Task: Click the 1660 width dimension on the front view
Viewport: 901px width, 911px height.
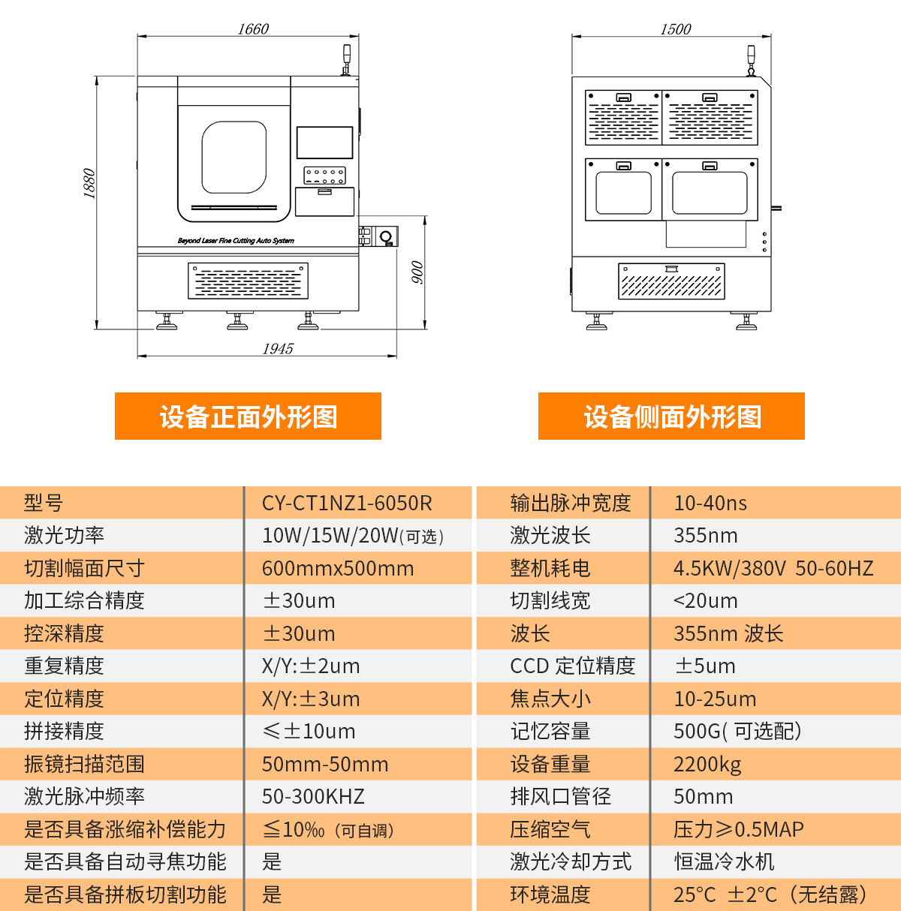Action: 253,29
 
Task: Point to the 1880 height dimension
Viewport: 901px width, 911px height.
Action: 89,184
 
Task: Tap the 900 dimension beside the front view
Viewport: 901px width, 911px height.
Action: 417,272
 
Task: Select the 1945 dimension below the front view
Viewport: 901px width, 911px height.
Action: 278,349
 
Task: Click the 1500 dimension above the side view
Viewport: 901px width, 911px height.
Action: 675,29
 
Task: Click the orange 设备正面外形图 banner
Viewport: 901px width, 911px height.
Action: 248,416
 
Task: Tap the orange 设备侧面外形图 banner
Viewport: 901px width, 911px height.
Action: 671,416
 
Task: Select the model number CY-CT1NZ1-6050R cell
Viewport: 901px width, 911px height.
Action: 347,503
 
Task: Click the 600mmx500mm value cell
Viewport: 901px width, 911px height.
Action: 338,568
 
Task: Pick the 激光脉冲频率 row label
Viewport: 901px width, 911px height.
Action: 84,796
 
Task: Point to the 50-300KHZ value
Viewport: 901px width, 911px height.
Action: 313,796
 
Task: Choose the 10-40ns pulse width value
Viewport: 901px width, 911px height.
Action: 710,503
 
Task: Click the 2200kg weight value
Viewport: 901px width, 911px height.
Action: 707,764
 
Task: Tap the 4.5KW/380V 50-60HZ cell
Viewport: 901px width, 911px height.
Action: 773,568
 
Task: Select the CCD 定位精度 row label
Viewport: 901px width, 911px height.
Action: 573,666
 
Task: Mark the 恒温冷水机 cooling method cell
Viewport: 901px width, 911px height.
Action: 724,861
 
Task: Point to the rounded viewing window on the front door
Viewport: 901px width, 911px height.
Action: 234,158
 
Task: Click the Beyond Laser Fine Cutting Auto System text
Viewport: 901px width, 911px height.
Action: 236,241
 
